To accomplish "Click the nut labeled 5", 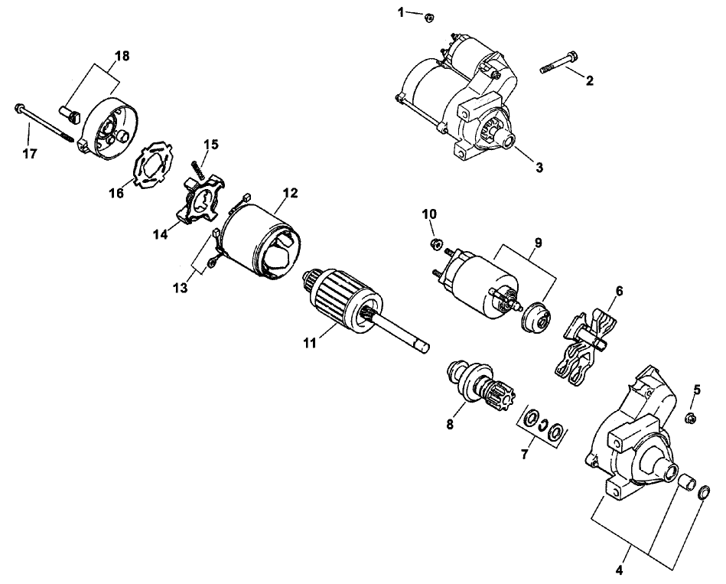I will [689, 418].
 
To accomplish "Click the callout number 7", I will [524, 454].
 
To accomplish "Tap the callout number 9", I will [538, 243].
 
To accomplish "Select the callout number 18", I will [122, 56].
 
